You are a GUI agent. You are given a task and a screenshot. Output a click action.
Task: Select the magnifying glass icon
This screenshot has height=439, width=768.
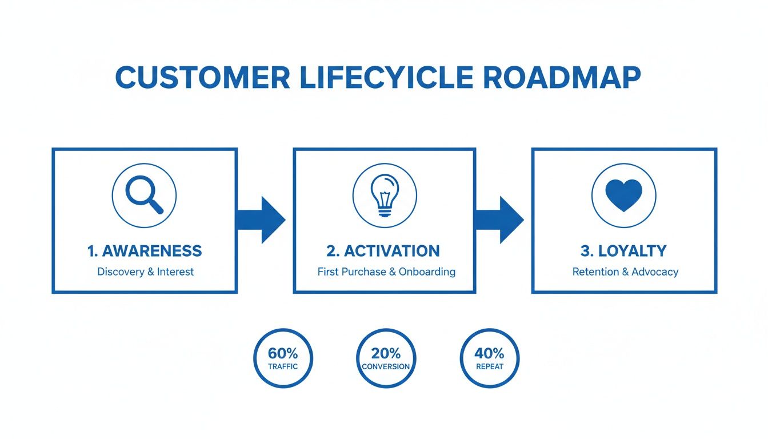(x=144, y=196)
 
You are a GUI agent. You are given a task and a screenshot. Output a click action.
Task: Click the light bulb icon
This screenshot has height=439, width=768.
(x=385, y=195)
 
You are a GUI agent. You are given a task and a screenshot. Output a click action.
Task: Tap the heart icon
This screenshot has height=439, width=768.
(x=623, y=196)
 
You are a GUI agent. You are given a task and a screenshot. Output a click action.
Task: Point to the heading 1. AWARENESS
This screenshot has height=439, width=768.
(x=145, y=250)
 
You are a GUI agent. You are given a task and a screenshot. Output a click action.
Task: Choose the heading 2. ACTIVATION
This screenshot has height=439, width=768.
(x=383, y=250)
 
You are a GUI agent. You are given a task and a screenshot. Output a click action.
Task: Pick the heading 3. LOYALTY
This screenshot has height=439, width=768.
(x=624, y=250)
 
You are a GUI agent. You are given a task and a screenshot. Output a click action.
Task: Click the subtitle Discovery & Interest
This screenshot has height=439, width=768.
(x=145, y=272)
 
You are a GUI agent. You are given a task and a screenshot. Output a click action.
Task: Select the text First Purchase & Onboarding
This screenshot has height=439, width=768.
(x=386, y=272)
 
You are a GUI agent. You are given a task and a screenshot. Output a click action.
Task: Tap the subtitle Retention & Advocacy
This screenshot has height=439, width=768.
(x=625, y=272)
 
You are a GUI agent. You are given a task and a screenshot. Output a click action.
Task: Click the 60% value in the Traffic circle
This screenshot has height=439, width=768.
(x=283, y=353)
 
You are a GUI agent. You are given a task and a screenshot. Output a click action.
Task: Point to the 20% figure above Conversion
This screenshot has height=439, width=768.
(x=386, y=353)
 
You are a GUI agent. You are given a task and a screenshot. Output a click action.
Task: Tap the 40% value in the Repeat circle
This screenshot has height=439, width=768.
(x=489, y=353)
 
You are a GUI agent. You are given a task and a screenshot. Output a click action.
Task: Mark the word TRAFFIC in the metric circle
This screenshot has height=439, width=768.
(x=283, y=366)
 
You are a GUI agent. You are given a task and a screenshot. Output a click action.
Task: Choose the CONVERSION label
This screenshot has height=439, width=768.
(x=386, y=366)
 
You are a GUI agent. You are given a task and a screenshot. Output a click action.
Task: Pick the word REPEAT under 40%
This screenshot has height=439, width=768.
(x=489, y=366)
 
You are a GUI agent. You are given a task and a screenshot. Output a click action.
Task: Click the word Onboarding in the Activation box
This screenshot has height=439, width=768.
(x=427, y=272)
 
